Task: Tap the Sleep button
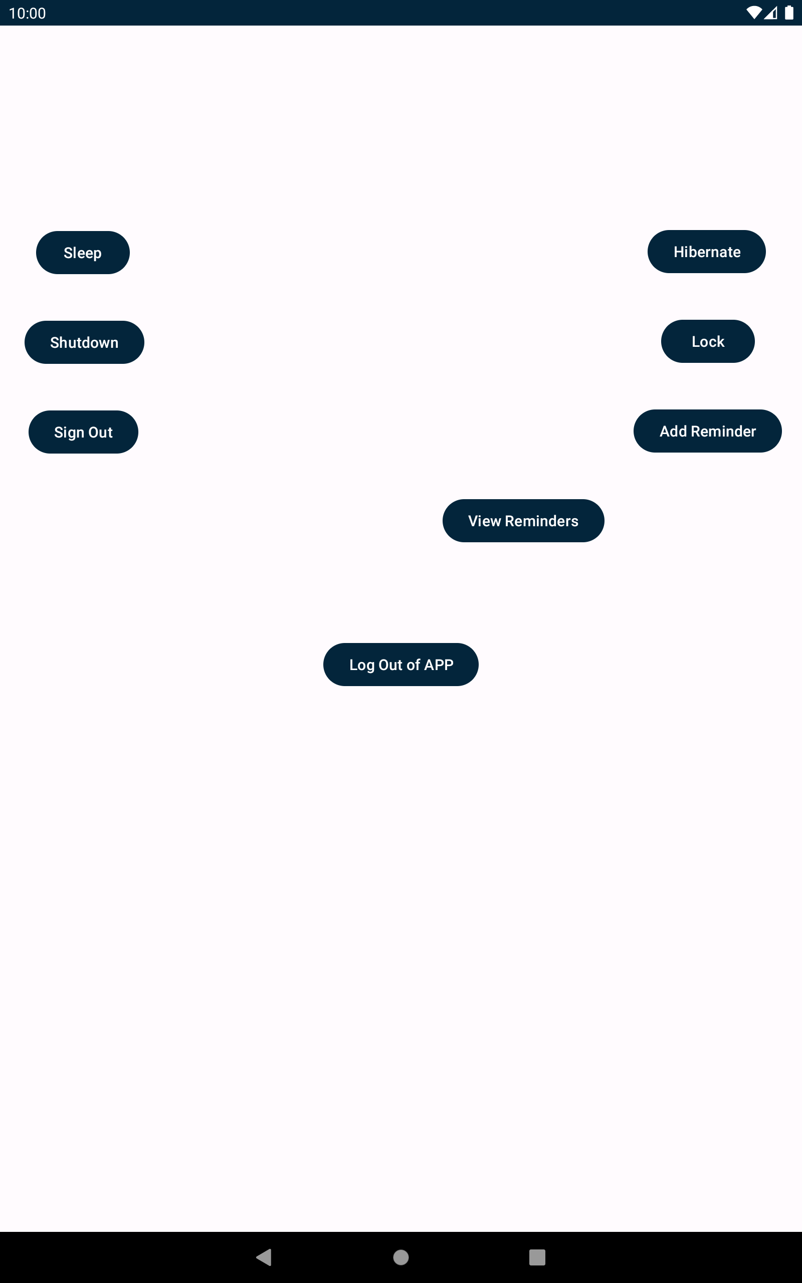83,253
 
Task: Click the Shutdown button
84,342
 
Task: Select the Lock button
708,341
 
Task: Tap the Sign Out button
83,432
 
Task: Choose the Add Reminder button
708,431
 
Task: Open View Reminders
523,520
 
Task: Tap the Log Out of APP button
401,664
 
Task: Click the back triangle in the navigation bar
264,1256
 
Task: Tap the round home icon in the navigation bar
401,1256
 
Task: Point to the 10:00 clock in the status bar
28,13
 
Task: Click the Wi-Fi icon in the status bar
753,13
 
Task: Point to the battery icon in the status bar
789,13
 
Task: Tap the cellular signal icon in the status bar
771,13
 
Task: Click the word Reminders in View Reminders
541,521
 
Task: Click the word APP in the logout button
439,664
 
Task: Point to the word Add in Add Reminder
673,431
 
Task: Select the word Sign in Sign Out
69,433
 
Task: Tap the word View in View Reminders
484,521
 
